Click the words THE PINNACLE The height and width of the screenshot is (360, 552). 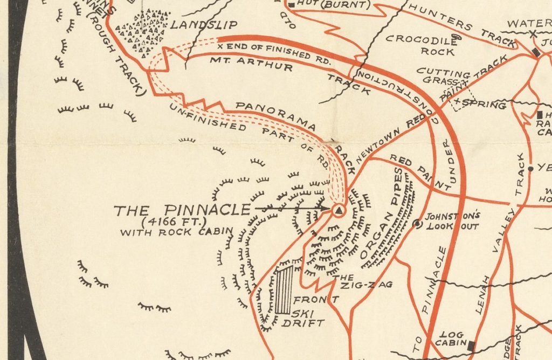point(182,210)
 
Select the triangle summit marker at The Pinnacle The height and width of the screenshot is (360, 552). point(338,211)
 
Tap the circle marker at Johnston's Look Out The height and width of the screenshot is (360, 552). point(417,223)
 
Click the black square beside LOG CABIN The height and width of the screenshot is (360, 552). point(472,345)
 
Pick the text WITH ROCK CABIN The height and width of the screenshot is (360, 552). point(177,232)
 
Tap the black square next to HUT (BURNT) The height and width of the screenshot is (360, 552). point(292,5)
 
